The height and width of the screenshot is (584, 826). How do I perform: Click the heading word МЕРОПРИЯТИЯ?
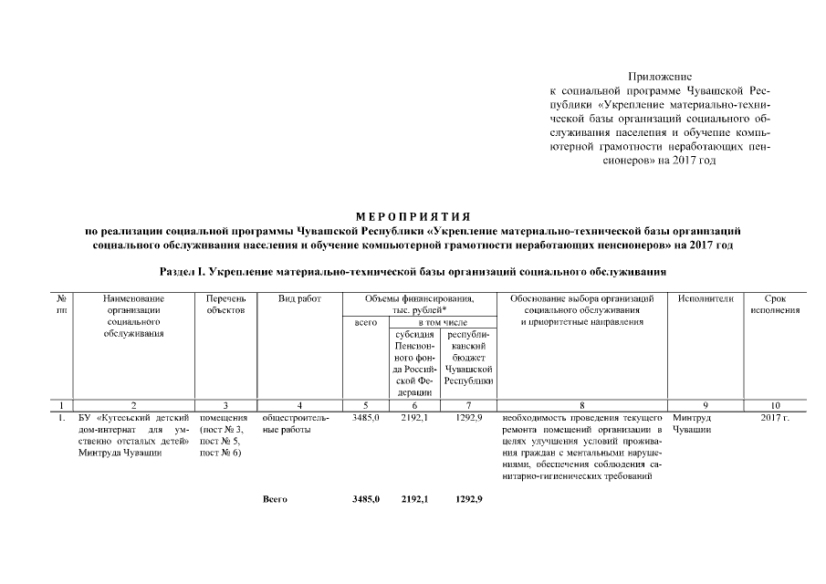pos(413,216)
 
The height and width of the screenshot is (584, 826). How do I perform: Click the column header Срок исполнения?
pos(775,304)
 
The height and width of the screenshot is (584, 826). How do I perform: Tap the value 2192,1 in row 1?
pos(414,418)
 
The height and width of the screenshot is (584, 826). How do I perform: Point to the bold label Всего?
pos(275,500)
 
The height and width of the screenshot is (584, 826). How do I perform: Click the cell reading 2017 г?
pos(775,418)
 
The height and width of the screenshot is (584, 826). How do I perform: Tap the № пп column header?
pos(60,304)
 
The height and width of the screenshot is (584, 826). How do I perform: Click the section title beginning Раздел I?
pos(413,272)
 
